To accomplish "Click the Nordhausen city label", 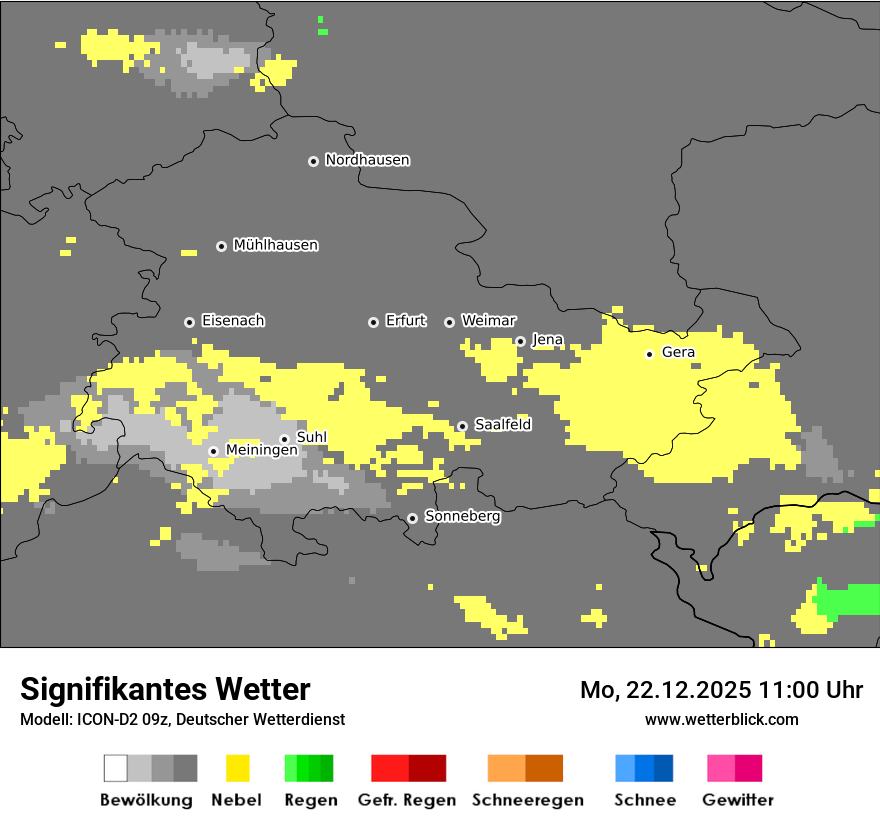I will coord(367,160).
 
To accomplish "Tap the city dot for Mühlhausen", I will coord(222,246).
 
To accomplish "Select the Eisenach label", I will coord(233,321).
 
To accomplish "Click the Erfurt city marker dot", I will coord(373,322).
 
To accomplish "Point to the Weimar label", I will coord(488,321).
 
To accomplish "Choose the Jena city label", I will coord(547,340).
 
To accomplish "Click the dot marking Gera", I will coord(649,354).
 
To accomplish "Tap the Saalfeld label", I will coord(502,425).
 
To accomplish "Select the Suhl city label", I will coord(311,437).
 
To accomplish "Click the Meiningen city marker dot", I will coord(213,451).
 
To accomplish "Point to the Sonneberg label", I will coord(462,517).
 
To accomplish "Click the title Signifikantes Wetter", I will coord(165,689).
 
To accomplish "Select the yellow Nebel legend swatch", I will coord(238,768).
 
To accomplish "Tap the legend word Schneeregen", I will coord(527,800).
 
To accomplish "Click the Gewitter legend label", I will coord(737,800).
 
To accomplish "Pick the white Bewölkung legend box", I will coord(115,768).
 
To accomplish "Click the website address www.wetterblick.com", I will coord(721,719).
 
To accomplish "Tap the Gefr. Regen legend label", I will coord(406,800).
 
